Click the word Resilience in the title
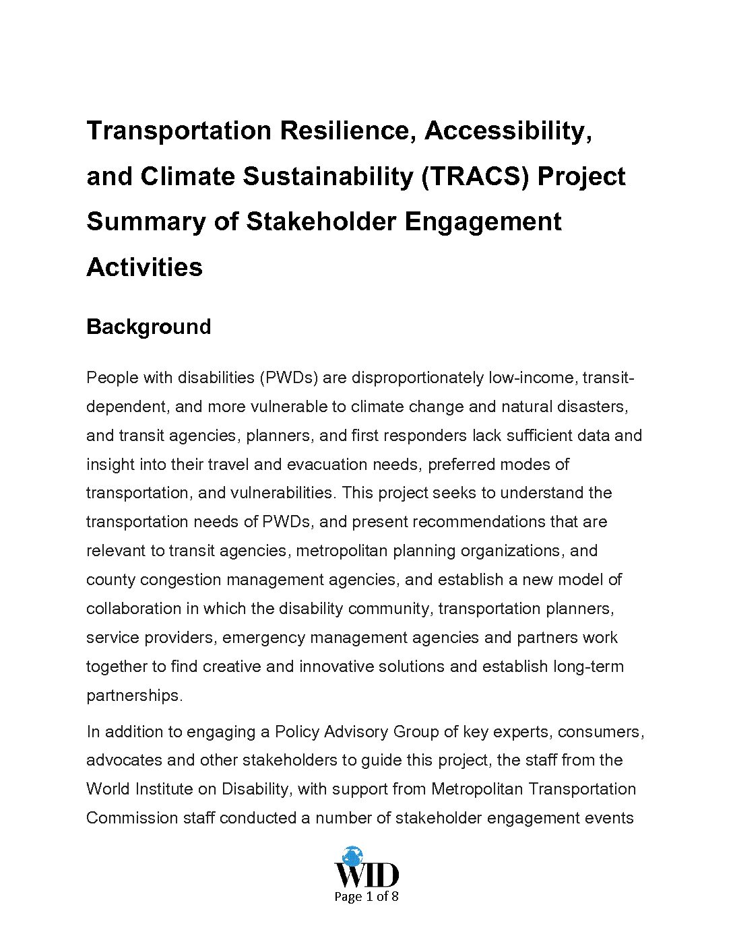[x=345, y=131]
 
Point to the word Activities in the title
[x=144, y=267]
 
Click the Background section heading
[x=148, y=327]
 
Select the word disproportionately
[x=417, y=378]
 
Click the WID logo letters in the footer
[x=366, y=876]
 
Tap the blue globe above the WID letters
[x=352, y=856]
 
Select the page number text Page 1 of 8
[x=366, y=897]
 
